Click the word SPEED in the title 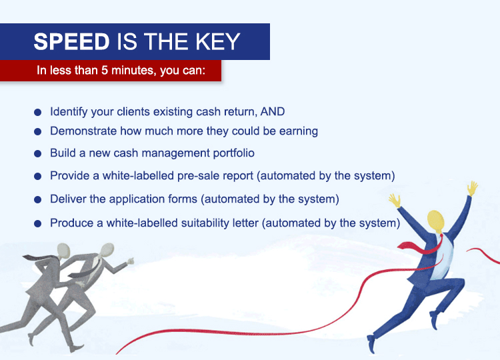[x=71, y=41]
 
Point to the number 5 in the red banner [x=105, y=70]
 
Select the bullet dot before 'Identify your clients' [x=37, y=112]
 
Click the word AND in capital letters [x=272, y=111]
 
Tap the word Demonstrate [x=83, y=131]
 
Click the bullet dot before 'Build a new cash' [x=37, y=154]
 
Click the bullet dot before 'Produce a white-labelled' [x=37, y=223]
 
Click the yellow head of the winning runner [x=435, y=221]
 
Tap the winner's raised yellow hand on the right [x=472, y=188]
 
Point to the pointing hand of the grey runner [x=130, y=261]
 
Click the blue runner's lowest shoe [x=371, y=344]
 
